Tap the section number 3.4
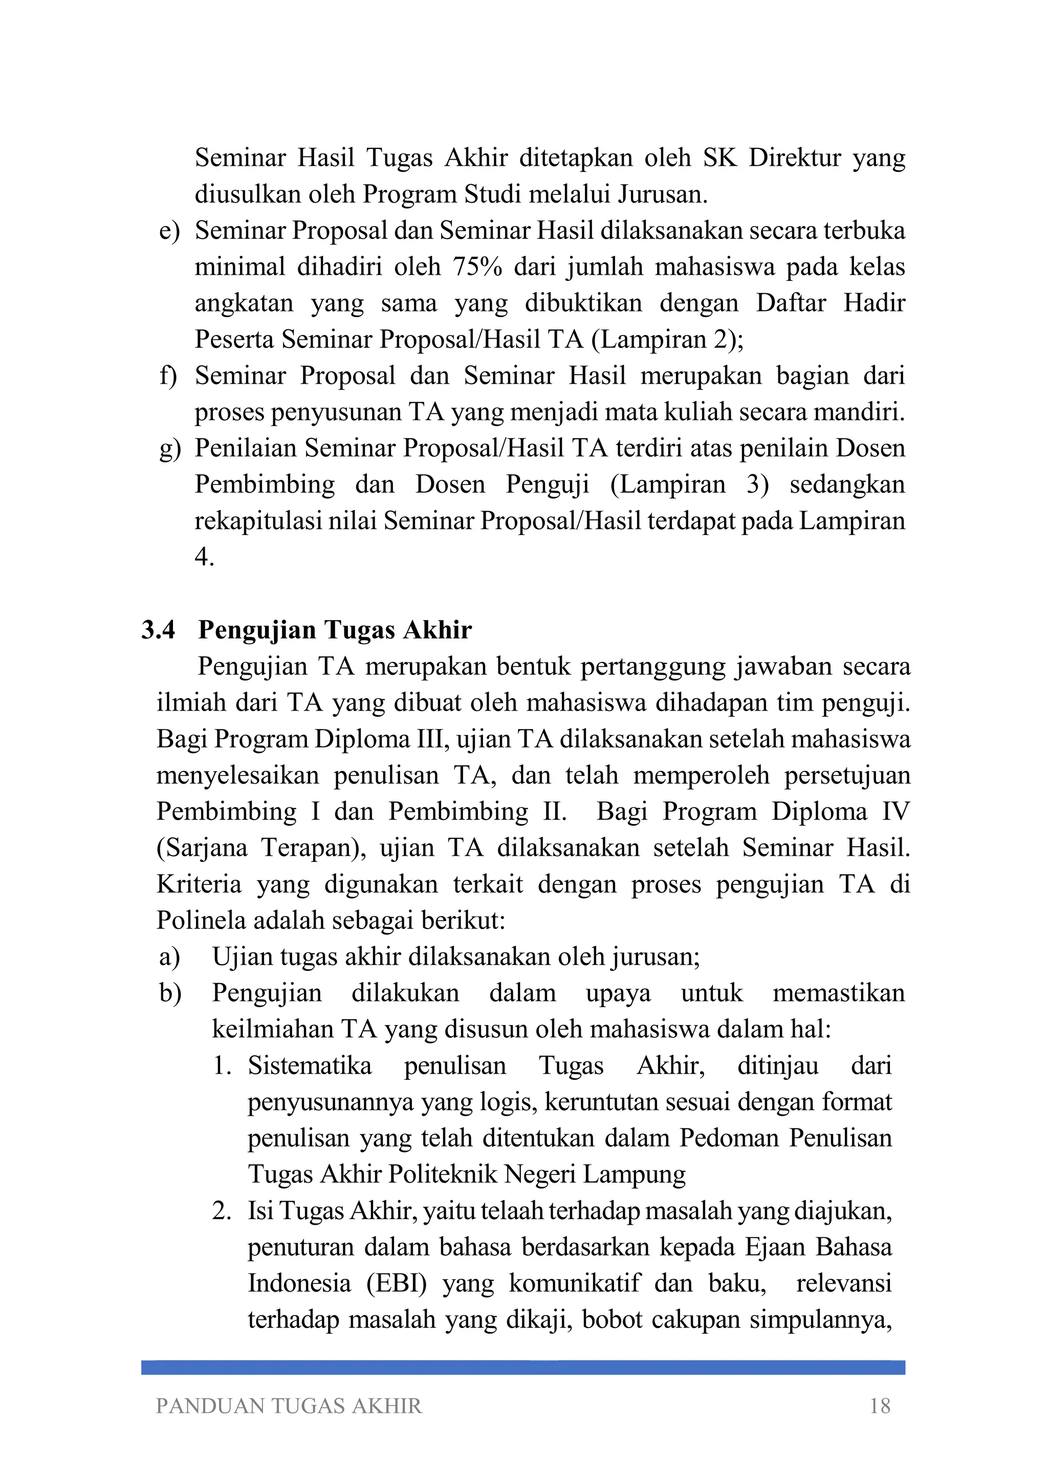[x=159, y=630]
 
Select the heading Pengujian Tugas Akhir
[x=335, y=630]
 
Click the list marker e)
[x=169, y=231]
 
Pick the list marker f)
[x=168, y=375]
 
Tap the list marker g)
[x=169, y=449]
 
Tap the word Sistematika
[x=310, y=1065]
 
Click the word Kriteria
[x=199, y=884]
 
